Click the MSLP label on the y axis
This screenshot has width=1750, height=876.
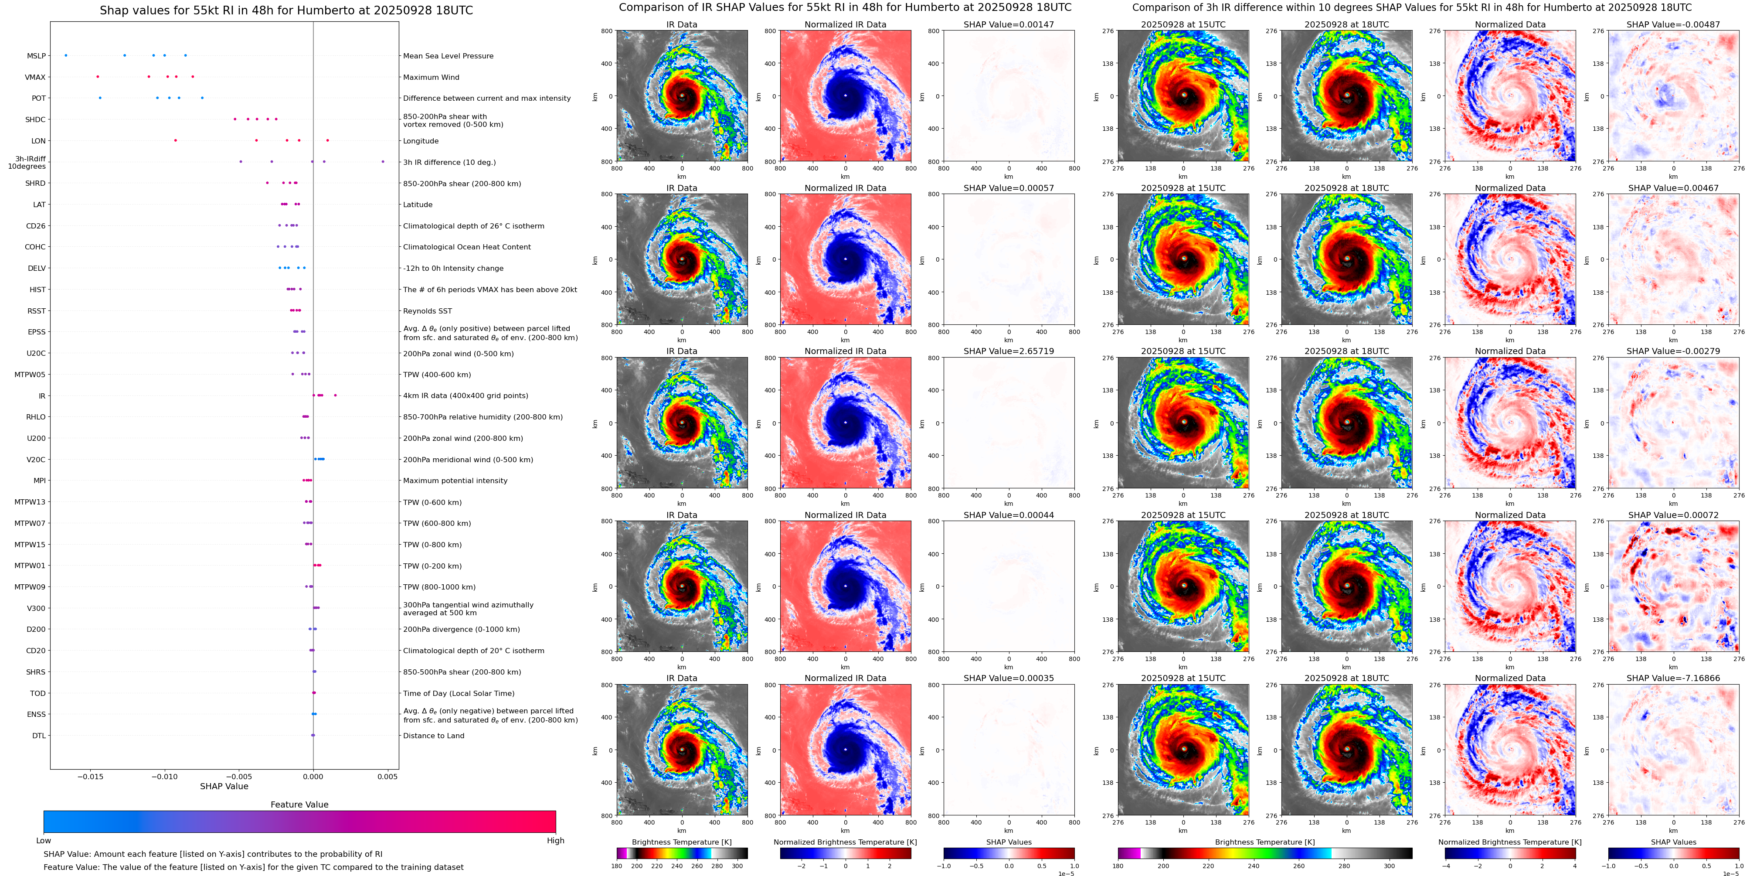coord(37,56)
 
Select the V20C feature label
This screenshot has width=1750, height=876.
coord(36,460)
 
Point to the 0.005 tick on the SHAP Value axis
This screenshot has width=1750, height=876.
coord(387,777)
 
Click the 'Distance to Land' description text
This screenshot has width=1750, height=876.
coord(433,735)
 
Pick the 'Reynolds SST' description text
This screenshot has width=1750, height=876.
coord(427,310)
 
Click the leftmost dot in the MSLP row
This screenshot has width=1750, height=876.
coord(66,55)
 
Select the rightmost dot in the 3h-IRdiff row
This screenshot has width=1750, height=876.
coord(383,162)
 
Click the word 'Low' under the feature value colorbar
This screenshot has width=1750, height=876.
coord(44,841)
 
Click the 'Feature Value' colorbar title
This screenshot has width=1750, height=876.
coord(299,804)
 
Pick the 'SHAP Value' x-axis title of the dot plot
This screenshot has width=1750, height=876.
coord(224,786)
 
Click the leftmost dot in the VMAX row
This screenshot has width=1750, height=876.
coord(98,77)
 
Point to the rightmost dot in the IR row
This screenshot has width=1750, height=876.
coord(335,395)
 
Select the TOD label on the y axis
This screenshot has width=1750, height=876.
coord(38,693)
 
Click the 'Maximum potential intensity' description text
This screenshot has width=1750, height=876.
coord(455,481)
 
